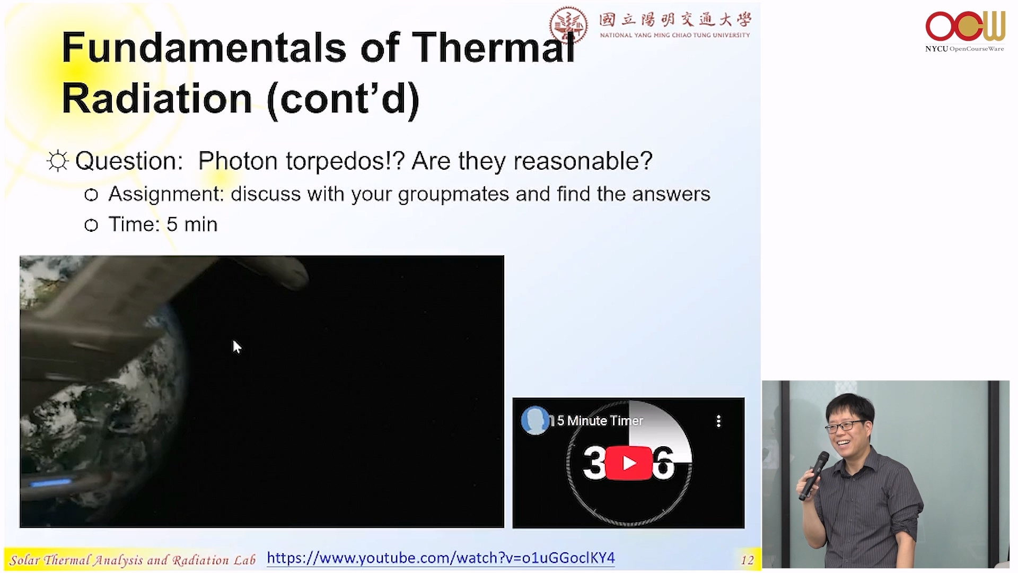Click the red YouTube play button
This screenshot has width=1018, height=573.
point(629,463)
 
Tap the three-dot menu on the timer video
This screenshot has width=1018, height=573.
point(718,421)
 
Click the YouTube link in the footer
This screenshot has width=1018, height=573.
point(441,558)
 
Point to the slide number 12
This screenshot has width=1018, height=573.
point(747,560)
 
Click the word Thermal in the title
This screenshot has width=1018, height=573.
point(494,47)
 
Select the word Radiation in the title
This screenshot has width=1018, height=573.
point(157,99)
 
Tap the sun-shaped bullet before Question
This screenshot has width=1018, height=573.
point(58,161)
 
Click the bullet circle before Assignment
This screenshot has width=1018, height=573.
point(91,195)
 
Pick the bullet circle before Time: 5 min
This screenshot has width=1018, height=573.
point(91,225)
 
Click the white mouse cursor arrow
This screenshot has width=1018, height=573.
point(236,346)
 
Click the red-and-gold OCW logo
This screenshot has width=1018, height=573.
point(965,27)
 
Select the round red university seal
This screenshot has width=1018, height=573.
point(568,24)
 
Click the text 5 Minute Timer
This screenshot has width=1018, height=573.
point(600,421)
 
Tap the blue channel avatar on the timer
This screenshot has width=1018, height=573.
point(535,421)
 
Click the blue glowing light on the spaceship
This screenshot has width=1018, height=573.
point(51,483)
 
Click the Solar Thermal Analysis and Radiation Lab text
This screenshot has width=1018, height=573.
point(133,560)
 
